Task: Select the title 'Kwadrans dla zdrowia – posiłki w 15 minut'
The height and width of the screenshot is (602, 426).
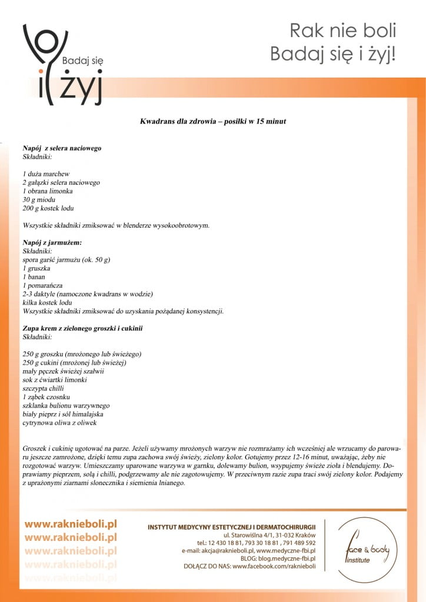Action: click(213, 121)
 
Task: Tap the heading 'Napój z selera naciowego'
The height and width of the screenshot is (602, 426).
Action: click(62, 148)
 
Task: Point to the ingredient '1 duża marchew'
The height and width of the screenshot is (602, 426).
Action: click(46, 174)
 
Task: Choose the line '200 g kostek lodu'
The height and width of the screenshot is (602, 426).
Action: click(48, 208)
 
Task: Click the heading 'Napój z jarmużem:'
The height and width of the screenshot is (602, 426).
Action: click(52, 242)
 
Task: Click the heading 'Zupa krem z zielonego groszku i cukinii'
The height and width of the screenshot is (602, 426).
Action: click(82, 328)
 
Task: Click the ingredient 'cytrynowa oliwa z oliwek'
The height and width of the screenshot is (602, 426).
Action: click(59, 423)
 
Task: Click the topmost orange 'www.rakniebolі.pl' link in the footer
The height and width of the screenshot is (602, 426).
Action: click(71, 524)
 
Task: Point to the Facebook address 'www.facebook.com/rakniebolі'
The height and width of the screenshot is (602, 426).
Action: click(274, 567)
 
